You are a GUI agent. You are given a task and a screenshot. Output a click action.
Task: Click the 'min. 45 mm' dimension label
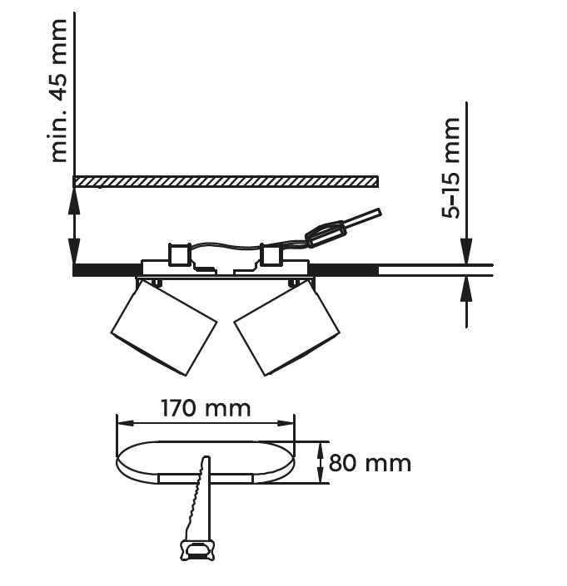coord(59,91)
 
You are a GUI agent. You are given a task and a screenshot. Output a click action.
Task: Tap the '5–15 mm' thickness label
coord(450,168)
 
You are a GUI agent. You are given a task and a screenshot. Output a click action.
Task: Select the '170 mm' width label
coord(206,408)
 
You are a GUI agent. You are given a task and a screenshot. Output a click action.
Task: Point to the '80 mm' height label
coord(370,463)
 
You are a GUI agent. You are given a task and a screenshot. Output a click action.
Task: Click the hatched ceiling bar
coord(226,181)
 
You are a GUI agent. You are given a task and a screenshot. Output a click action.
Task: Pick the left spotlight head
coord(163,327)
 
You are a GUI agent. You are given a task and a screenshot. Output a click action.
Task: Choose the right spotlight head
coord(287,327)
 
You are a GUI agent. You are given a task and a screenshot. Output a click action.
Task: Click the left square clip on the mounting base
coord(179,254)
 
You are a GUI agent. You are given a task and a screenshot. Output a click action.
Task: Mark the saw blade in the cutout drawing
coord(199,498)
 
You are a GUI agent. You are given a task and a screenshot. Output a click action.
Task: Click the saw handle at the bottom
coord(198,550)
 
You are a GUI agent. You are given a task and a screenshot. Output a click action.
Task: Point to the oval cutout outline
coord(206,462)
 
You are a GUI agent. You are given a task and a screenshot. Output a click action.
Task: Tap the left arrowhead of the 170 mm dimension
coord(125,423)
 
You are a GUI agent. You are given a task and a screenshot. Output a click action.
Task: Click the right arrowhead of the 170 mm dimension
coord(286,423)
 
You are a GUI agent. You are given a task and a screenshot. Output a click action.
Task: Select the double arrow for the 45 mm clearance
coord(75,226)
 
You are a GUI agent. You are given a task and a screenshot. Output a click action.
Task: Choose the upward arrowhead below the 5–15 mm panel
coord(466,289)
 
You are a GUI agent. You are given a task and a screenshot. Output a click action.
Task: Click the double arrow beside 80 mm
coord(321,462)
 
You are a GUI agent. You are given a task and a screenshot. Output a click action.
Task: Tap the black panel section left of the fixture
coord(107,270)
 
